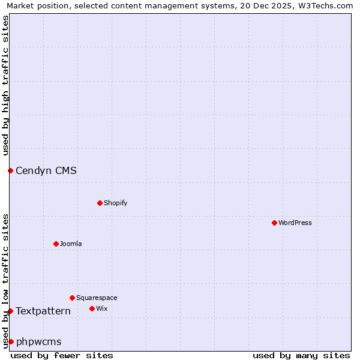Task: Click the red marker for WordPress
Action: point(274,223)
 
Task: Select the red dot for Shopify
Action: point(100,203)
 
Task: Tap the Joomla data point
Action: point(56,244)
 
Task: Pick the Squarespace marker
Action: point(72,298)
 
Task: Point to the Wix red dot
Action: point(92,308)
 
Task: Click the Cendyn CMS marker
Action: point(10,170)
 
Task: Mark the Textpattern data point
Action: point(10,311)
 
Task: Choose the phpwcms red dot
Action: point(11,341)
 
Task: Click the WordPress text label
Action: point(295,223)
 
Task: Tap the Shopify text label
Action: point(116,203)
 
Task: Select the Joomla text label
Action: point(71,244)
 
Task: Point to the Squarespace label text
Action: point(97,298)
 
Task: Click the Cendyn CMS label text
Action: point(46,170)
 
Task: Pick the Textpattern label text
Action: point(43,311)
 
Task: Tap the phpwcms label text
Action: point(39,342)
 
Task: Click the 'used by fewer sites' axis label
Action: point(62,355)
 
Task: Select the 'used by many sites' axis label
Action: point(301,355)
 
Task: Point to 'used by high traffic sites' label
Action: point(5,85)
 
